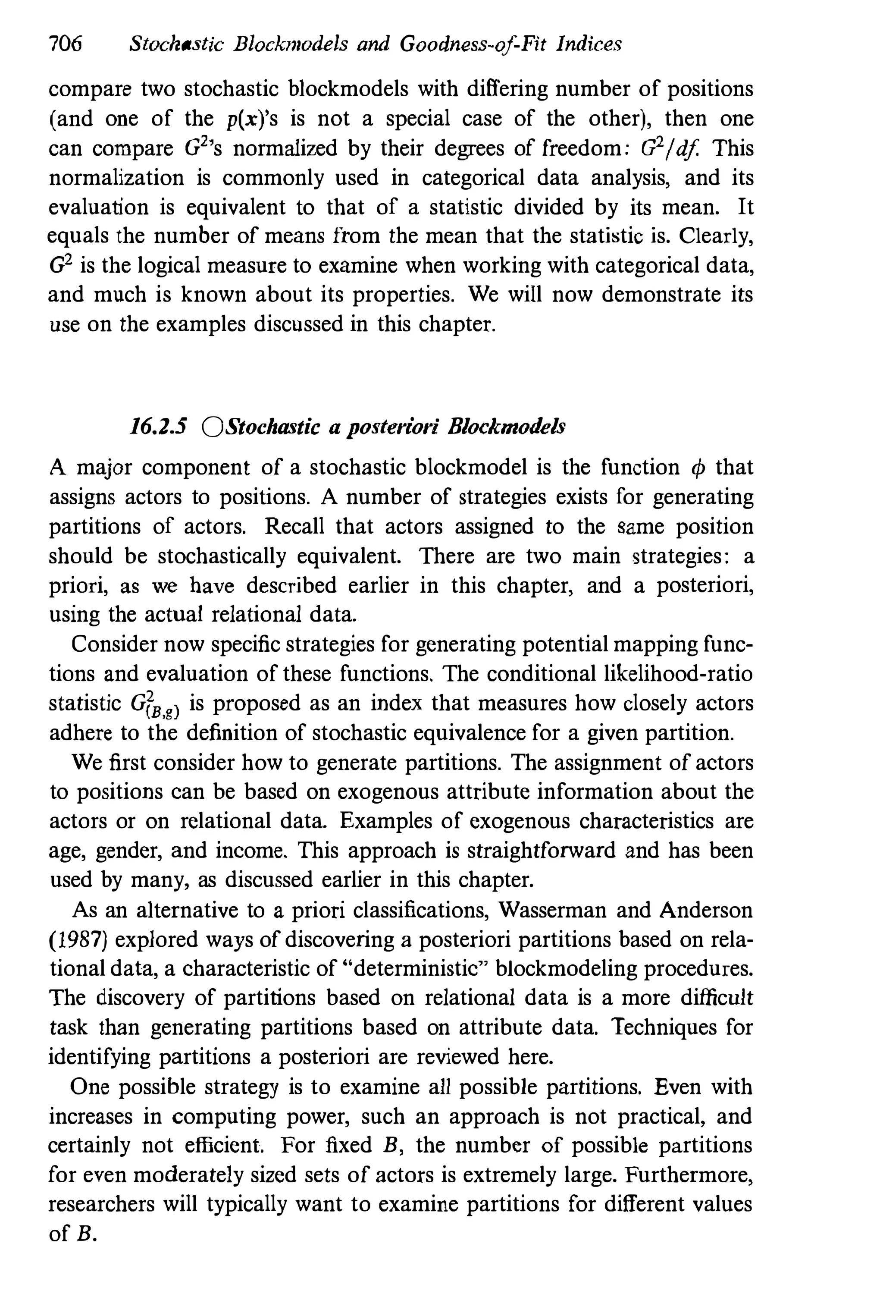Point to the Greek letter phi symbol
(697, 468)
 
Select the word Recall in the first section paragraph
(294, 527)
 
